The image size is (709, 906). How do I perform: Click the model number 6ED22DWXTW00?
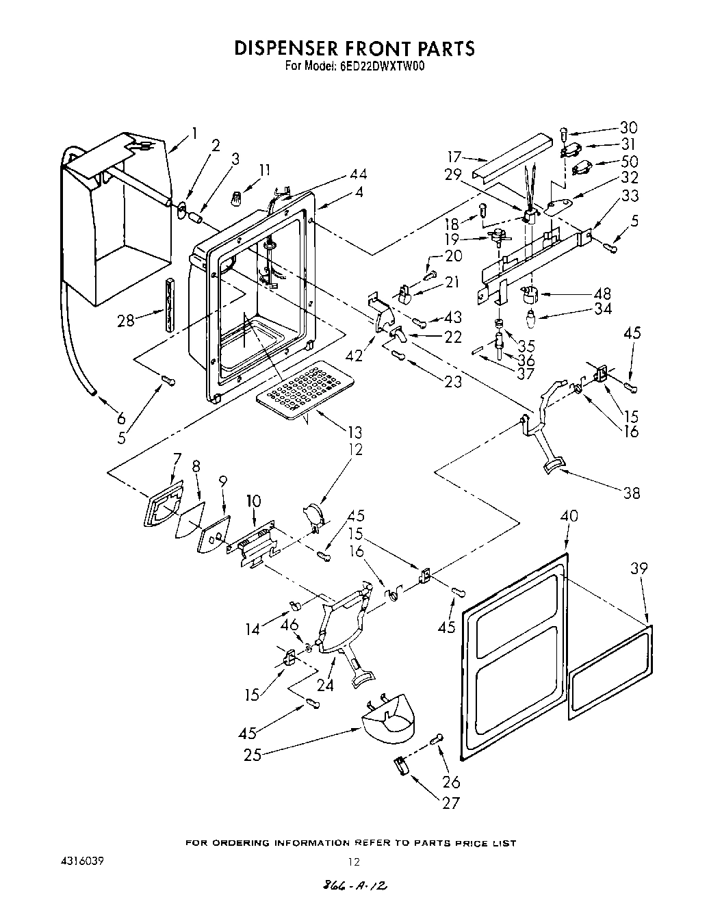[x=382, y=67]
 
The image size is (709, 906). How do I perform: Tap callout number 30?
[x=628, y=127]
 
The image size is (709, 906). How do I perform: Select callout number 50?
[x=629, y=161]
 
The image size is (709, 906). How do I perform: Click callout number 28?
[x=126, y=320]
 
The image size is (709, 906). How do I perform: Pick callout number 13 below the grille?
[x=354, y=432]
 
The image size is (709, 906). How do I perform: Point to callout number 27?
[x=451, y=802]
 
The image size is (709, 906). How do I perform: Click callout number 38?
[x=631, y=492]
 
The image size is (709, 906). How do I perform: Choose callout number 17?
[x=456, y=157]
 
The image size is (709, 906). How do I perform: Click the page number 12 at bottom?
[x=354, y=862]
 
